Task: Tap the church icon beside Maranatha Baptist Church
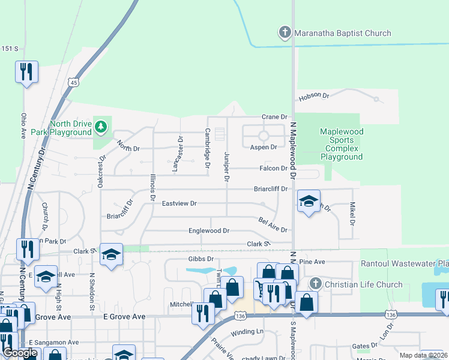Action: (x=285, y=33)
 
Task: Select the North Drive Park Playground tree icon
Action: (x=101, y=126)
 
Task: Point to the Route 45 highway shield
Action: (x=73, y=82)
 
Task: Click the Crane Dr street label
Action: (x=275, y=117)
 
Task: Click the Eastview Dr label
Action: (x=179, y=204)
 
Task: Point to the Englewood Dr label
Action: (x=209, y=230)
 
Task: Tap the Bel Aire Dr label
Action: (x=273, y=226)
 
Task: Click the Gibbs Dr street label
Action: (x=201, y=259)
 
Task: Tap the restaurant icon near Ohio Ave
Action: (x=26, y=72)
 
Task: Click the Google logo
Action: (x=20, y=353)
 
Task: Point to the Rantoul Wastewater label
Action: (x=404, y=263)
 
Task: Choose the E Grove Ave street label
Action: (x=124, y=316)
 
